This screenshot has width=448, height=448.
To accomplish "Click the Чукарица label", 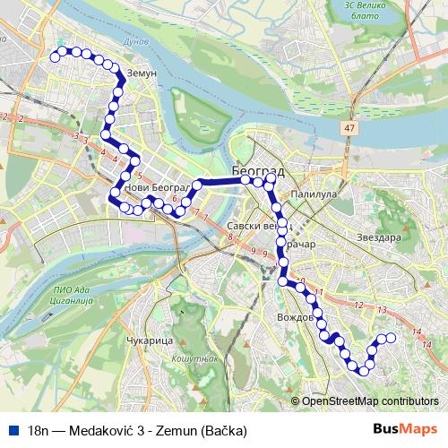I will [x=145, y=341].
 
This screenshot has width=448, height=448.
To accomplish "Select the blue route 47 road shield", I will [x=347, y=129].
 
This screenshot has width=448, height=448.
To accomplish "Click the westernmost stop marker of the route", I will [x=55, y=56].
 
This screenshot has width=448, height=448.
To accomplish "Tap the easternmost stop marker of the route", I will [x=391, y=338].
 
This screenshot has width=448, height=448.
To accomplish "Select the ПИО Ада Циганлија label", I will [x=74, y=295].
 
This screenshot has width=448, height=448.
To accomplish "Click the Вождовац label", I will [x=296, y=318].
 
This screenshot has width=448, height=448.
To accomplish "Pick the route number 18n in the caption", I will [x=39, y=430].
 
